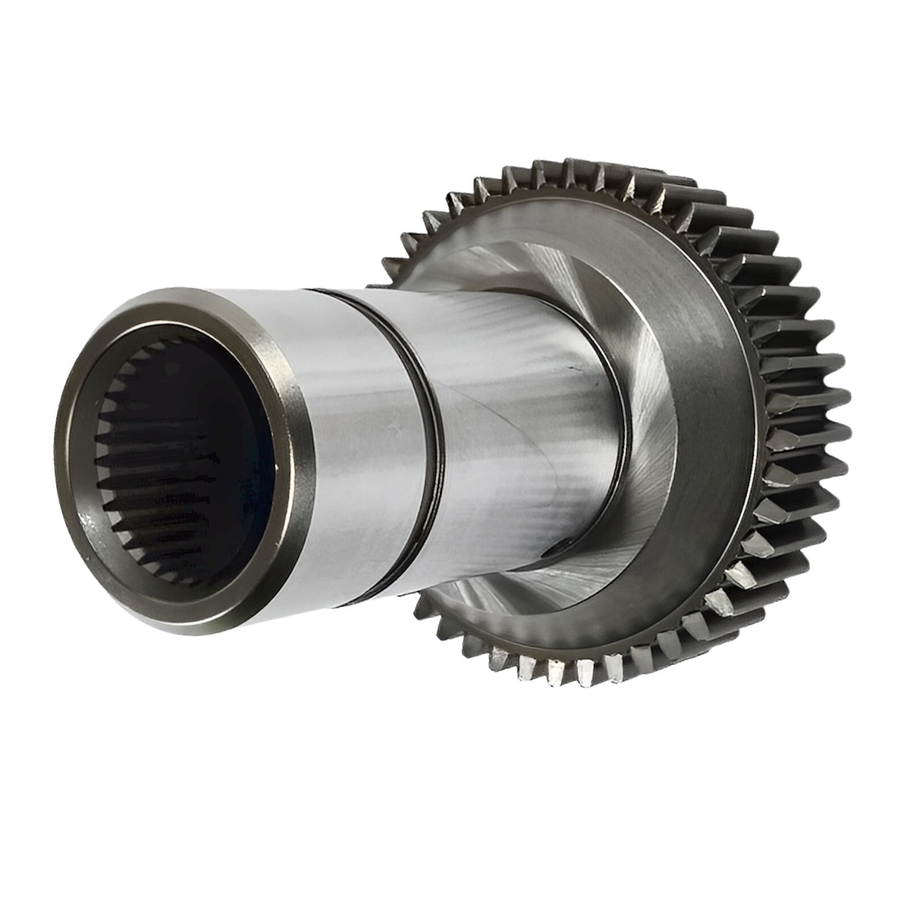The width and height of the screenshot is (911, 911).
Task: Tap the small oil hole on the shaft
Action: click(555, 551)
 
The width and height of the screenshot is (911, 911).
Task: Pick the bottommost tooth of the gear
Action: click(555, 678)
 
